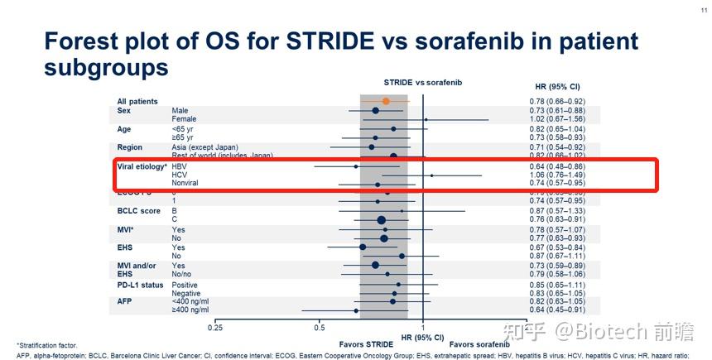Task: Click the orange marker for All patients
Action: pos(386,101)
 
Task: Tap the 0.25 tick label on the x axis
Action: pos(215,328)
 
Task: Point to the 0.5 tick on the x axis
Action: pos(320,328)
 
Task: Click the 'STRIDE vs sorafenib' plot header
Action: pos(422,82)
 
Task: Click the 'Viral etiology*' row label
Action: pos(142,166)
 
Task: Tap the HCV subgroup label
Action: pos(180,175)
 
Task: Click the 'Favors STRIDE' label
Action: pos(367,343)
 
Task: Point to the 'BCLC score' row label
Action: pos(139,211)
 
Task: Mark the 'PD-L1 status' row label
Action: pos(141,285)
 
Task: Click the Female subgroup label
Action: pos(185,119)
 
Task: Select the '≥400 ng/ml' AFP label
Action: pos(190,310)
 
